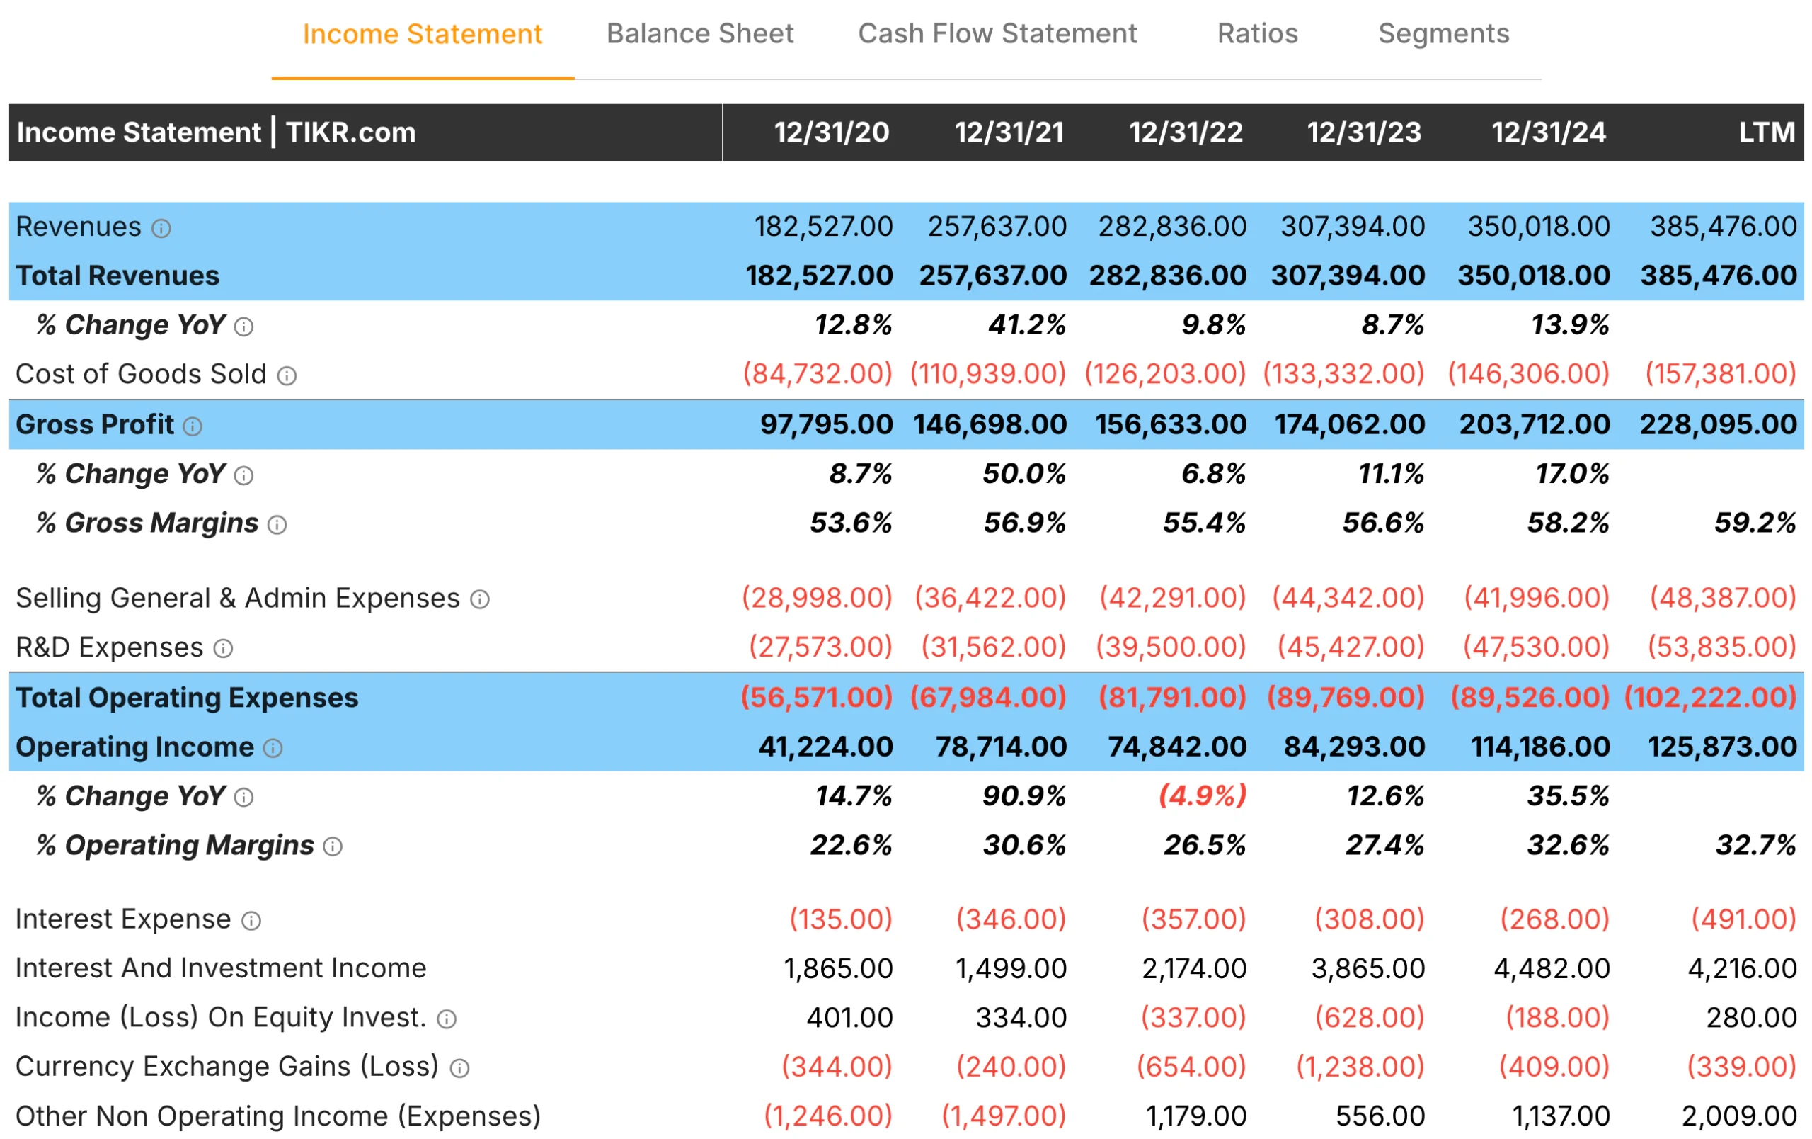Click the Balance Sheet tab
699,34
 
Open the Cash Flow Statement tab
997,34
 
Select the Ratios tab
1257,34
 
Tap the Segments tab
1443,34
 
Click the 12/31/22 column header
1185,132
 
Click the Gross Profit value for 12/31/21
990,424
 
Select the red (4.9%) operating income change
1202,795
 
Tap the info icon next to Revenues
161,228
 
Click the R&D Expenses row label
109,647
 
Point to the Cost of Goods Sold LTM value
1720,374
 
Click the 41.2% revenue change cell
1026,325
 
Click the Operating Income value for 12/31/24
1539,747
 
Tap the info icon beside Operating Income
273,748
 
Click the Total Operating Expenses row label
187,698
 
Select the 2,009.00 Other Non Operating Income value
1738,1116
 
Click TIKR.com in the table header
350,132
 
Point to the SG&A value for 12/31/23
1348,599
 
